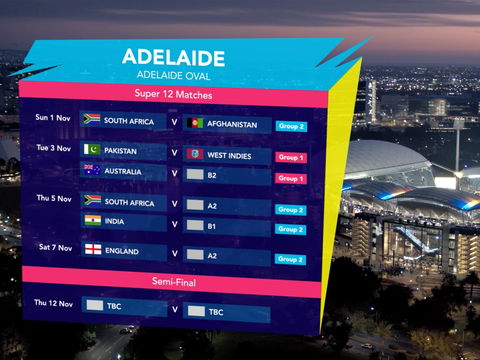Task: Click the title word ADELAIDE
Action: [173, 57]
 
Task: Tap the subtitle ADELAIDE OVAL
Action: [172, 74]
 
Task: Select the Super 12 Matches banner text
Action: [173, 94]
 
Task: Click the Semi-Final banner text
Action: [172, 280]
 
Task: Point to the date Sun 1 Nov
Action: [53, 117]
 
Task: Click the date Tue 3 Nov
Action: [53, 148]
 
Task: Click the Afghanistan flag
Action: [196, 124]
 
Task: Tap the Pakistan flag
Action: [92, 150]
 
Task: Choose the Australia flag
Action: [92, 170]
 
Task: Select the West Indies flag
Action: [196, 155]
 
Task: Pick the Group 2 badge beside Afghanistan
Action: [291, 127]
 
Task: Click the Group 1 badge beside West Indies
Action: [291, 158]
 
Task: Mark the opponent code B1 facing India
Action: [212, 227]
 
